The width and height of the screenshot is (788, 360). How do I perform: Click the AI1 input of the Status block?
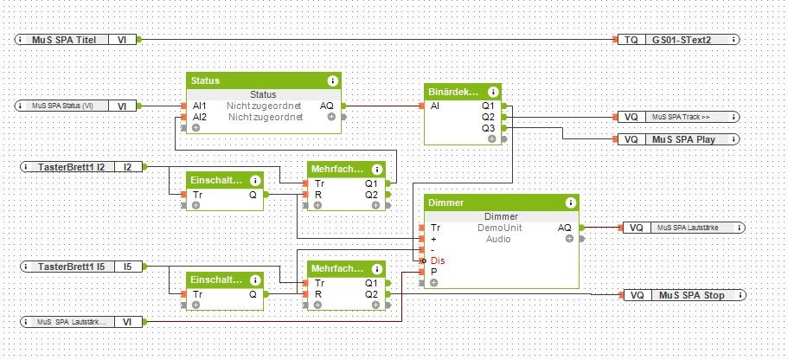click(x=199, y=106)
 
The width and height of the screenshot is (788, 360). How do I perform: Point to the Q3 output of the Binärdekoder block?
click(x=488, y=128)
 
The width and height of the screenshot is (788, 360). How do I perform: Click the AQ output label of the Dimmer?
click(x=564, y=228)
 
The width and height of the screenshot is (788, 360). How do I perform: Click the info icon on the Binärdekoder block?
click(x=492, y=92)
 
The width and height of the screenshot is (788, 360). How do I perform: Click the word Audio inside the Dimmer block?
click(x=498, y=239)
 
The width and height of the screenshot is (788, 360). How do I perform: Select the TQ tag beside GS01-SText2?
click(x=631, y=39)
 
